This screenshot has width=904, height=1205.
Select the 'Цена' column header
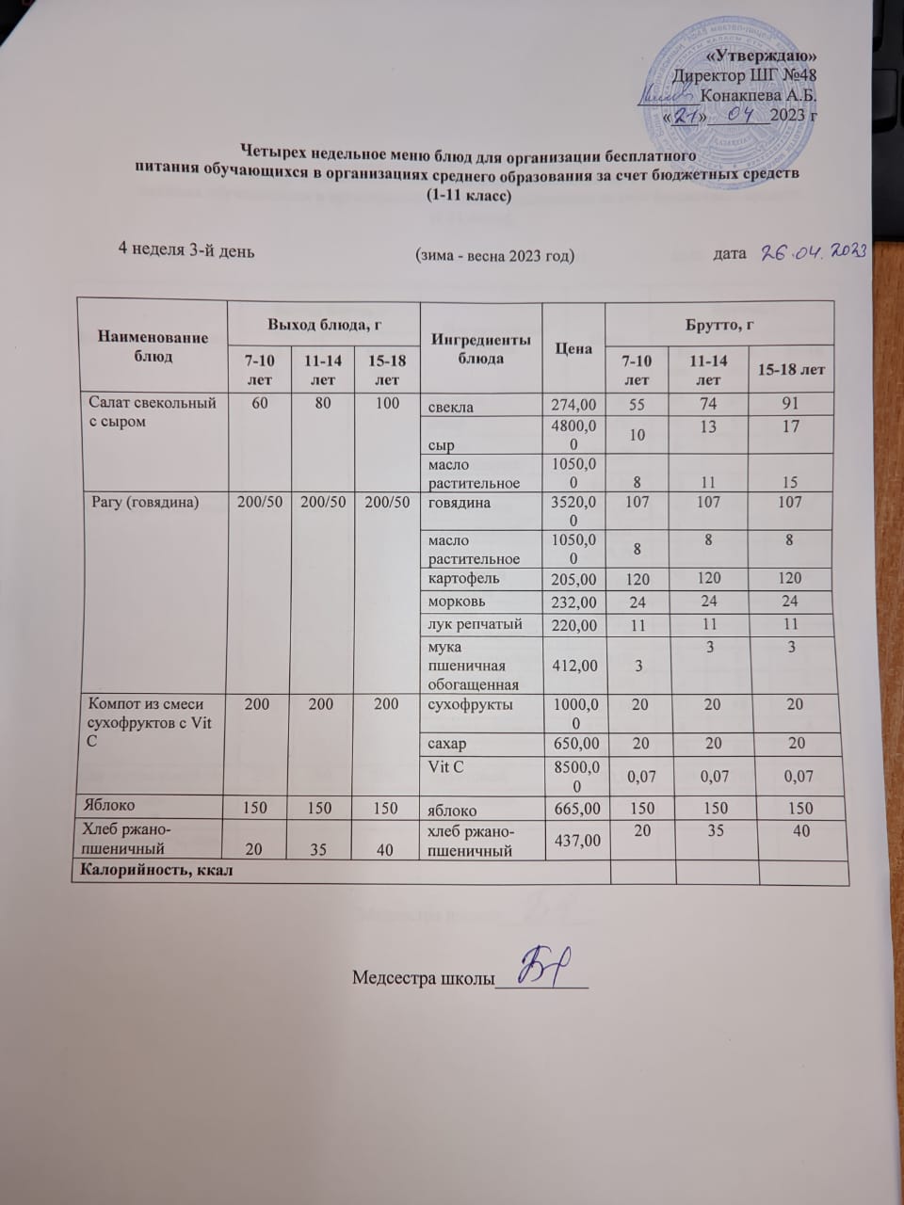click(x=573, y=348)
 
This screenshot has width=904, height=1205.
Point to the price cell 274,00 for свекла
click(x=573, y=406)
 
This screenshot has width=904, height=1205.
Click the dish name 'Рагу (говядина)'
click(x=145, y=502)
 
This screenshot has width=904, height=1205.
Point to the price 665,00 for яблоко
click(x=573, y=809)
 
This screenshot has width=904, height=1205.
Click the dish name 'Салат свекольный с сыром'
click(x=152, y=412)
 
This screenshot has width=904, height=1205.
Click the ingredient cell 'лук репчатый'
click(x=468, y=624)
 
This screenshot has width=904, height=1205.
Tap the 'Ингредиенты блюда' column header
click(x=480, y=348)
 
